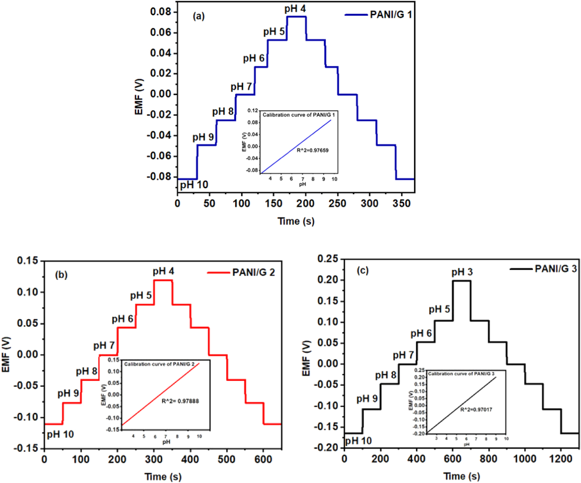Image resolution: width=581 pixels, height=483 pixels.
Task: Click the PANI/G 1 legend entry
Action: click(x=390, y=15)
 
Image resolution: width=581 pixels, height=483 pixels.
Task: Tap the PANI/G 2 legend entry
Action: click(x=253, y=272)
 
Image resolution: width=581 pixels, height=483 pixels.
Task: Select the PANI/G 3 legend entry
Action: click(x=555, y=269)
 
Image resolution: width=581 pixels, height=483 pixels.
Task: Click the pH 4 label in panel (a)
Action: click(x=295, y=9)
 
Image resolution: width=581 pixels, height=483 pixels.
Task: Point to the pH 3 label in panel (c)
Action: click(x=462, y=272)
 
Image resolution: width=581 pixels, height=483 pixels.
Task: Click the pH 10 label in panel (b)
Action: click(x=60, y=434)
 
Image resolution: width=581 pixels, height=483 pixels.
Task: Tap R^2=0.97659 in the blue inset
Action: click(x=313, y=150)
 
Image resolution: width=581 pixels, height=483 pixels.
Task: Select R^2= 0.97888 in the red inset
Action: click(x=180, y=401)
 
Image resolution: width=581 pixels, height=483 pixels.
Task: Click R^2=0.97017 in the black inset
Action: click(x=476, y=409)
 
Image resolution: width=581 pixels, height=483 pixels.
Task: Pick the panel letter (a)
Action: click(x=199, y=16)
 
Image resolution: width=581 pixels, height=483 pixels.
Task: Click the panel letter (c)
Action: click(x=363, y=271)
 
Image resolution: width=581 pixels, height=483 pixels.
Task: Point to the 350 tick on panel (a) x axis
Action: click(x=401, y=203)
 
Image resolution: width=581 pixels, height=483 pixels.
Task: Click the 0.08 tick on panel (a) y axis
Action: click(x=161, y=12)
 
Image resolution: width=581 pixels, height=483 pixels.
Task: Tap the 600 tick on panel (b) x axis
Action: click(x=263, y=459)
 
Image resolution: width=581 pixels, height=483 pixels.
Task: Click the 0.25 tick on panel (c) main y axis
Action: click(x=328, y=259)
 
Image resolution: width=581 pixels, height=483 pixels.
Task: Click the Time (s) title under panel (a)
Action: click(x=296, y=221)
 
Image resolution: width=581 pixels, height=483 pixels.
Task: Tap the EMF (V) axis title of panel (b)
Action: click(x=6, y=354)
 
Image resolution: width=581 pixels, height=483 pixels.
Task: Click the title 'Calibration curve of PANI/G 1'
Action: click(x=298, y=115)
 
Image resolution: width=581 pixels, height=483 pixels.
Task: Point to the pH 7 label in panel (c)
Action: click(x=403, y=355)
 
